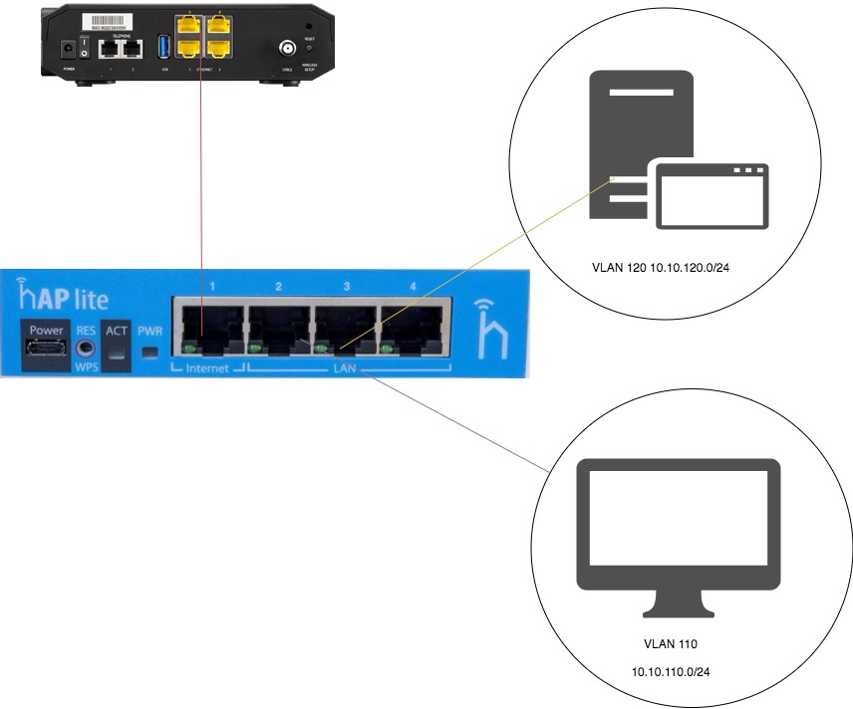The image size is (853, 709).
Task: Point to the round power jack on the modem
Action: coord(69,48)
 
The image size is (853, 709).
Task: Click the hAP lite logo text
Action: coord(63,296)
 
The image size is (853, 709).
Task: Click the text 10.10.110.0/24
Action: coord(671,672)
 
